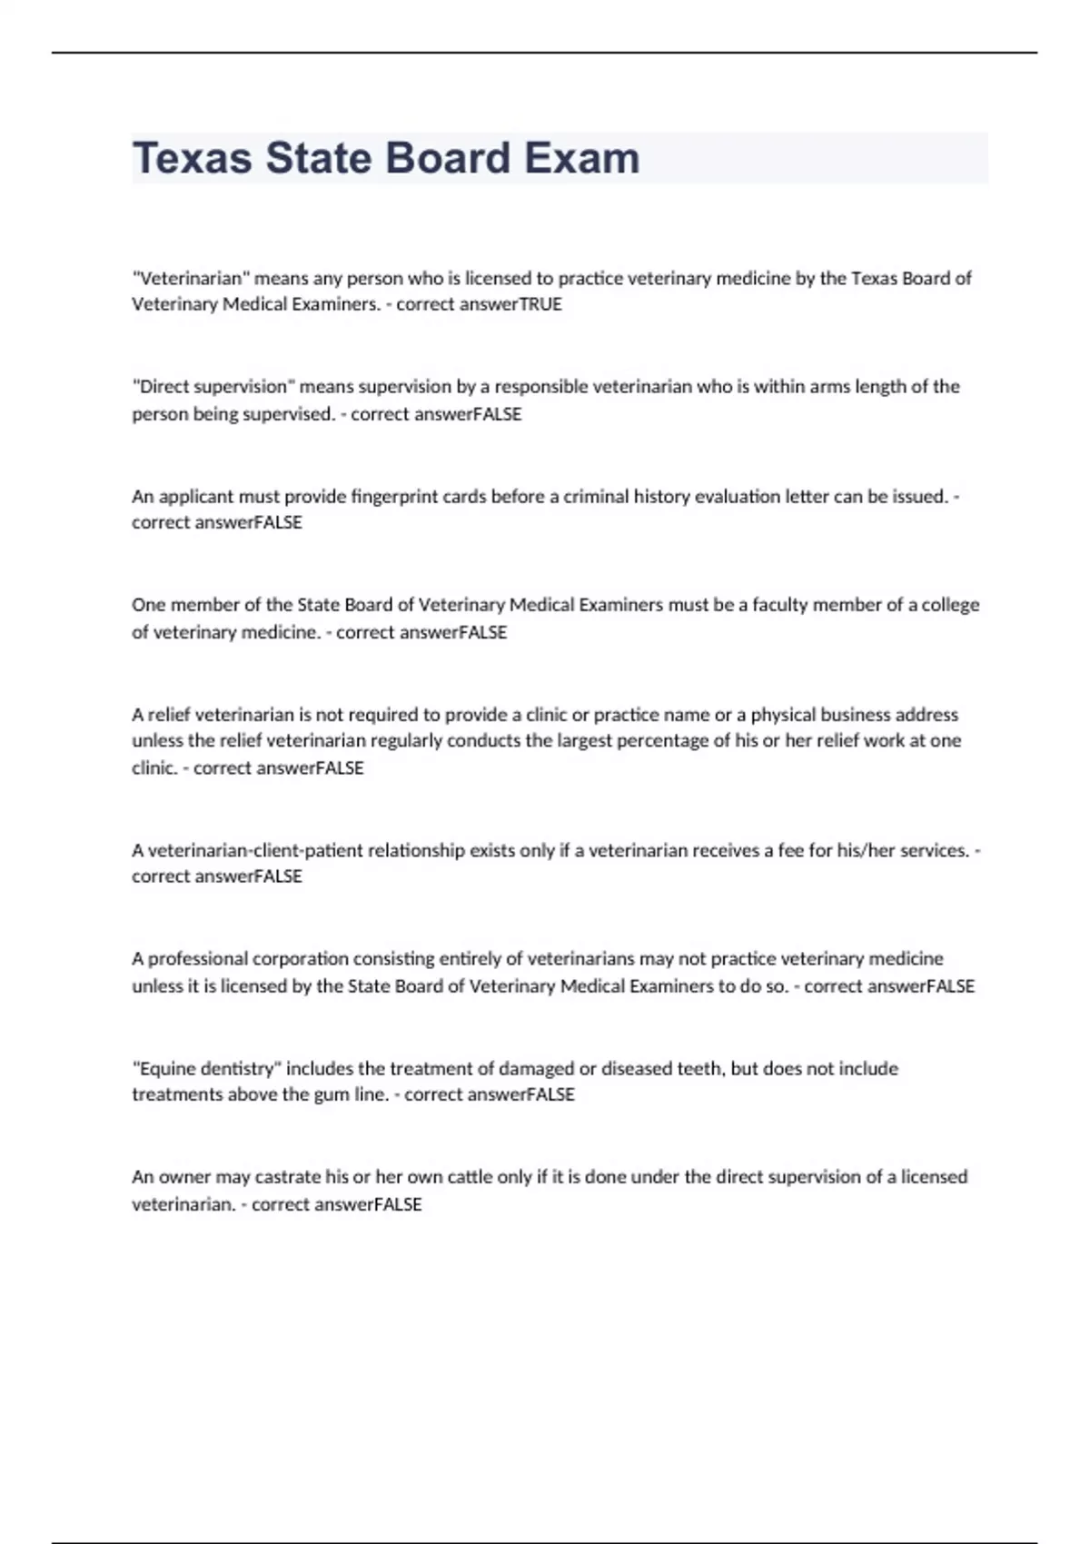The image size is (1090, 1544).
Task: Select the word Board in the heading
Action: [450, 158]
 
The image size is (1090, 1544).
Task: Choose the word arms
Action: [829, 387]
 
